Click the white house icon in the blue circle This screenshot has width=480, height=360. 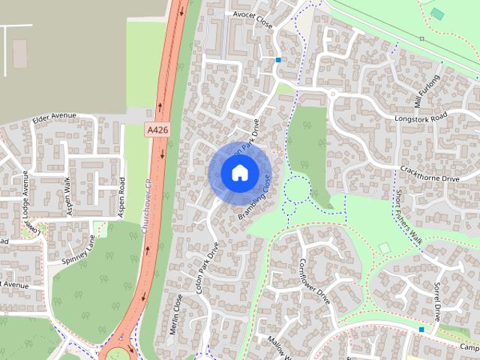239,172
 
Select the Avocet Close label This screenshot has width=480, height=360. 252,23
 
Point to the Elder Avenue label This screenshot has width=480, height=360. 55,116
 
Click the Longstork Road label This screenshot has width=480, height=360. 421,117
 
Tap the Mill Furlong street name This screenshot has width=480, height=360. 427,91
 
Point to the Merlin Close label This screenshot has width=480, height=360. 178,313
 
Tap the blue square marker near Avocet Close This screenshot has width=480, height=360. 278,60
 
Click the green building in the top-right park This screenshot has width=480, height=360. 437,14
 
